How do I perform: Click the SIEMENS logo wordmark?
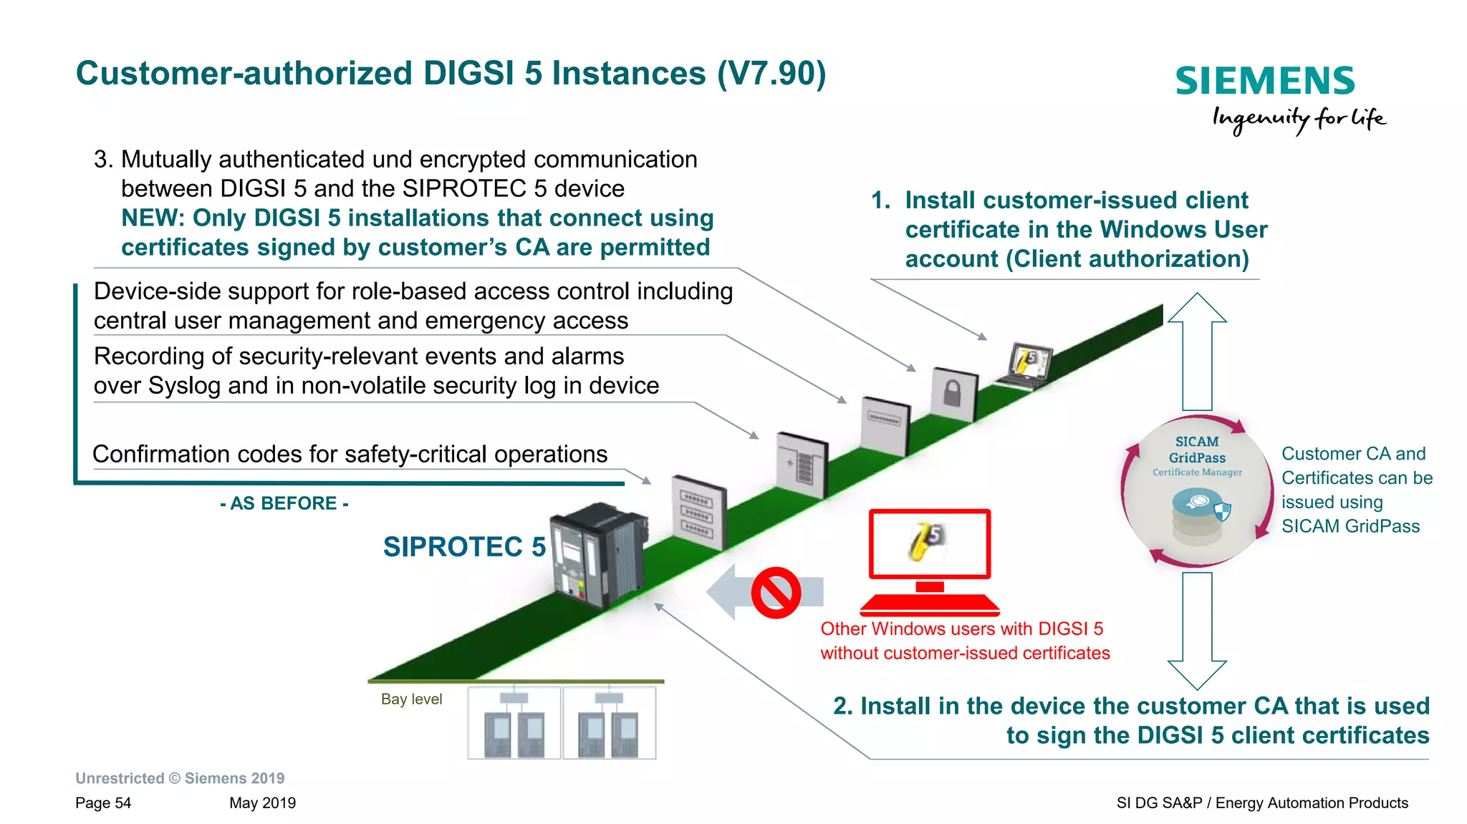click(x=1265, y=81)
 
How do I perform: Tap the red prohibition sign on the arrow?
click(x=775, y=593)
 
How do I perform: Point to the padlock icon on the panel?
click(x=952, y=394)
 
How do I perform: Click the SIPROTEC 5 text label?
click(x=464, y=547)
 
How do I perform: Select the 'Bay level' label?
click(x=411, y=699)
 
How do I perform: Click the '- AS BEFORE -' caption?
click(x=284, y=503)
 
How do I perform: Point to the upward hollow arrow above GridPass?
click(x=1197, y=351)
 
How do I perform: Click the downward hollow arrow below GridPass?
click(x=1197, y=630)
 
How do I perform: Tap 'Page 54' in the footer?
click(x=103, y=803)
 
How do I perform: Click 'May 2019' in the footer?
click(x=262, y=803)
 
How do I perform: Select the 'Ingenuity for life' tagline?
click(x=1298, y=119)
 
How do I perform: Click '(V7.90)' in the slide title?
click(x=771, y=74)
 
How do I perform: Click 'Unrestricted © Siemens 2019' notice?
click(x=180, y=778)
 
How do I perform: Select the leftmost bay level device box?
click(x=514, y=723)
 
